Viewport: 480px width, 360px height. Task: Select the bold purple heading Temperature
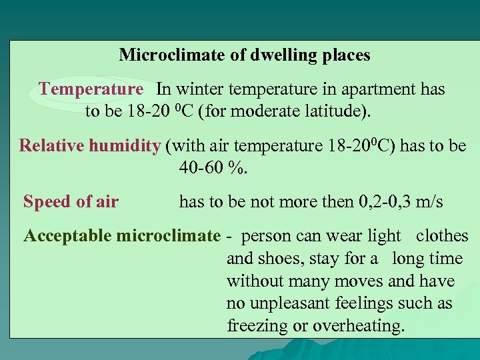91,89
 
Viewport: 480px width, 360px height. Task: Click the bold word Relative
53,145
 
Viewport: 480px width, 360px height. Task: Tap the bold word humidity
127,145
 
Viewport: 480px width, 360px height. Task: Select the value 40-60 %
213,167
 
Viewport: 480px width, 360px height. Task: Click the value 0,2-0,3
375,202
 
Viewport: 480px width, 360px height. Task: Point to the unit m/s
428,202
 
